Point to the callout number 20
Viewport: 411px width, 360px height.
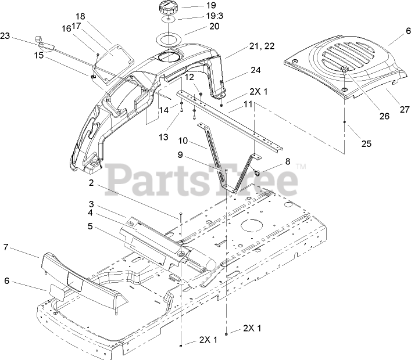198,26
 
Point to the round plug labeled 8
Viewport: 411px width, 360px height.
255,172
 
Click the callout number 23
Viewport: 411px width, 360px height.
6,36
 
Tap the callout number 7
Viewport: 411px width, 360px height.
6,247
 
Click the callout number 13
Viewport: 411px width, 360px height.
164,137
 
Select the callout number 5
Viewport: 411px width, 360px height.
90,226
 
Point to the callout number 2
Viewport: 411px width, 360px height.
91,182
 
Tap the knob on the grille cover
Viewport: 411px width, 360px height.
344,70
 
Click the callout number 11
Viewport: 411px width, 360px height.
248,104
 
